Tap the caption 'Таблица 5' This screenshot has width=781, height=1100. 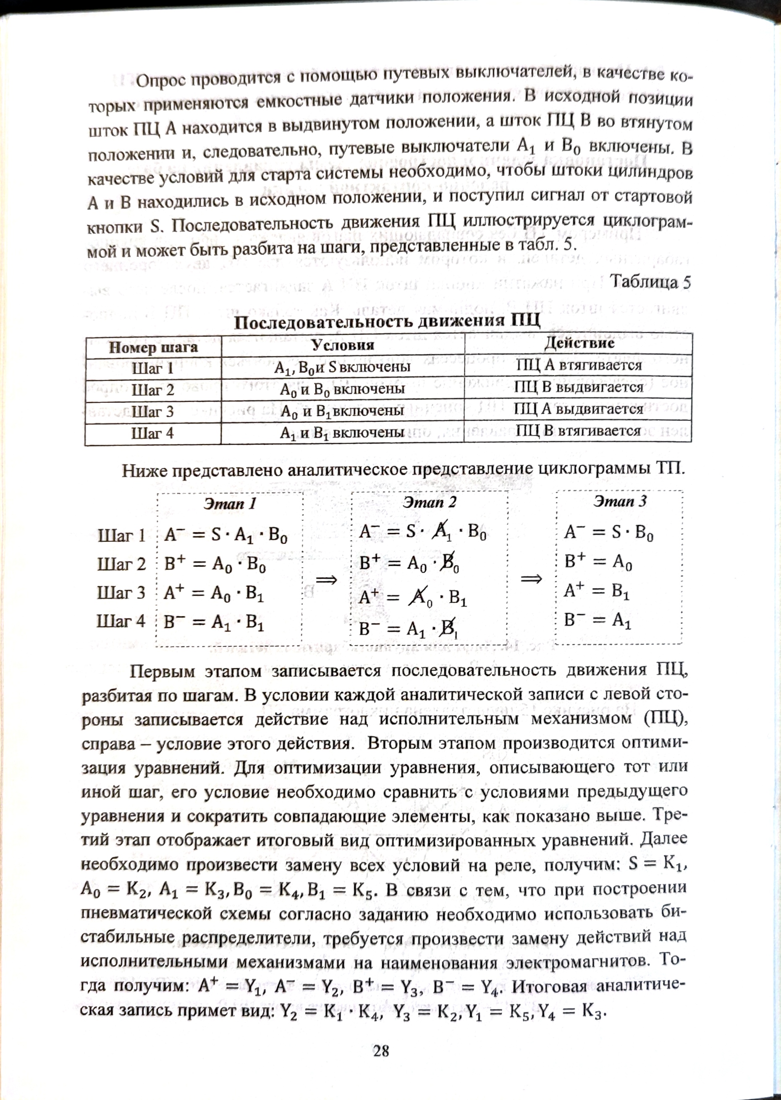[650, 282]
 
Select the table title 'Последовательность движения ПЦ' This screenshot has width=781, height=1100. [387, 321]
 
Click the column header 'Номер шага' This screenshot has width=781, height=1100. [153, 347]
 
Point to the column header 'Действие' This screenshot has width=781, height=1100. [579, 343]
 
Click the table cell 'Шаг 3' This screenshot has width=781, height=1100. [152, 412]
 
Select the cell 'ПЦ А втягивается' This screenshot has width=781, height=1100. [579, 365]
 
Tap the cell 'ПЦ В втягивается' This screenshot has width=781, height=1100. [578, 431]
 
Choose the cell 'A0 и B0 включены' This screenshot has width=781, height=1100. [342, 389]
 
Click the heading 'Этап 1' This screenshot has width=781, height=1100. [229, 504]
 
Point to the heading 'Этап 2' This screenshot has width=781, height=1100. [429, 503]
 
